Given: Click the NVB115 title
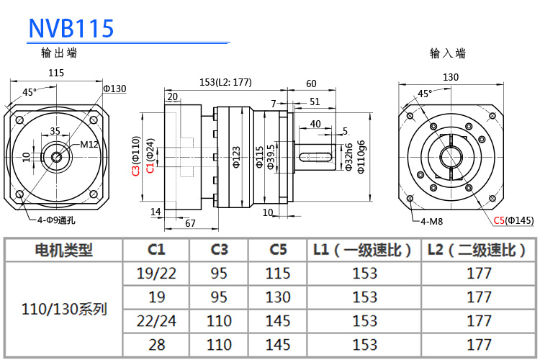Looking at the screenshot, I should [x=71, y=28].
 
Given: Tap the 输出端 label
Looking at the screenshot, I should [x=59, y=53].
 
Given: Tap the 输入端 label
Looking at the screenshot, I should [x=447, y=53].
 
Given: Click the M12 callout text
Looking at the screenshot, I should [x=89, y=144].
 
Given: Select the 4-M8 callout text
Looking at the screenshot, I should [x=431, y=220].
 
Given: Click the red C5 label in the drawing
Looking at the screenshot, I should [x=499, y=220].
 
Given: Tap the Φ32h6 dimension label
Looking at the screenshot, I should [x=348, y=156].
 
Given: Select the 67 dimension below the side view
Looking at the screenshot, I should [x=191, y=223].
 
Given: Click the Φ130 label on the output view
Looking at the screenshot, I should [x=114, y=89].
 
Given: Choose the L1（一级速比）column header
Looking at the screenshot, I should [x=364, y=250].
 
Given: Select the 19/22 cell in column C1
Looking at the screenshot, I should [x=156, y=273].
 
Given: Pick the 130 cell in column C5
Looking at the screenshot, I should [x=278, y=297].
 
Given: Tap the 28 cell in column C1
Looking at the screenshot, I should [x=156, y=344].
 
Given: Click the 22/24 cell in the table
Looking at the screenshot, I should [x=156, y=320].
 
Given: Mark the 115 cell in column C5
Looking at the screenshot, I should [x=278, y=273].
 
